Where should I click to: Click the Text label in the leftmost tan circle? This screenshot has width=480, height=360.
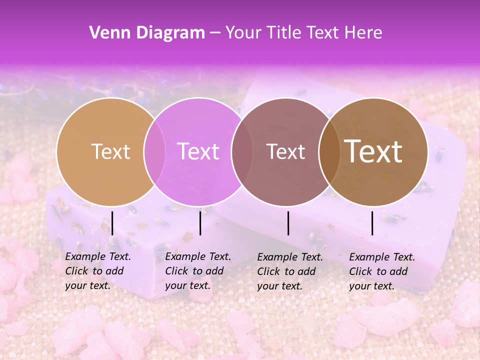coord(110,152)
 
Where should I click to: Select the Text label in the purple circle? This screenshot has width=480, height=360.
coord(198,152)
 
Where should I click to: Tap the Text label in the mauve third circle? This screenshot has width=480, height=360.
coord(286,152)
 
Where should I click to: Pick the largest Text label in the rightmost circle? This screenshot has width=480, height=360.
coord(373,151)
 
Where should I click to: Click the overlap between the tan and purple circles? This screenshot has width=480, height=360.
coord(154,152)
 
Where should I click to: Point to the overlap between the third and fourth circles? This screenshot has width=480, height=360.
coord(329,152)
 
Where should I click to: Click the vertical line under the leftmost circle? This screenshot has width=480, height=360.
coord(112,223)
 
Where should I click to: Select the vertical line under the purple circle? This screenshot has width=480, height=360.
coord(200,223)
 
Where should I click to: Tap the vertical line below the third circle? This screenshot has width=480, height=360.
coord(288,223)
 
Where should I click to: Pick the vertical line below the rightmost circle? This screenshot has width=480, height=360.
coord(372,223)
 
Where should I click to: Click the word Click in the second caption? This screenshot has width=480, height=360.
coord(176,271)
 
